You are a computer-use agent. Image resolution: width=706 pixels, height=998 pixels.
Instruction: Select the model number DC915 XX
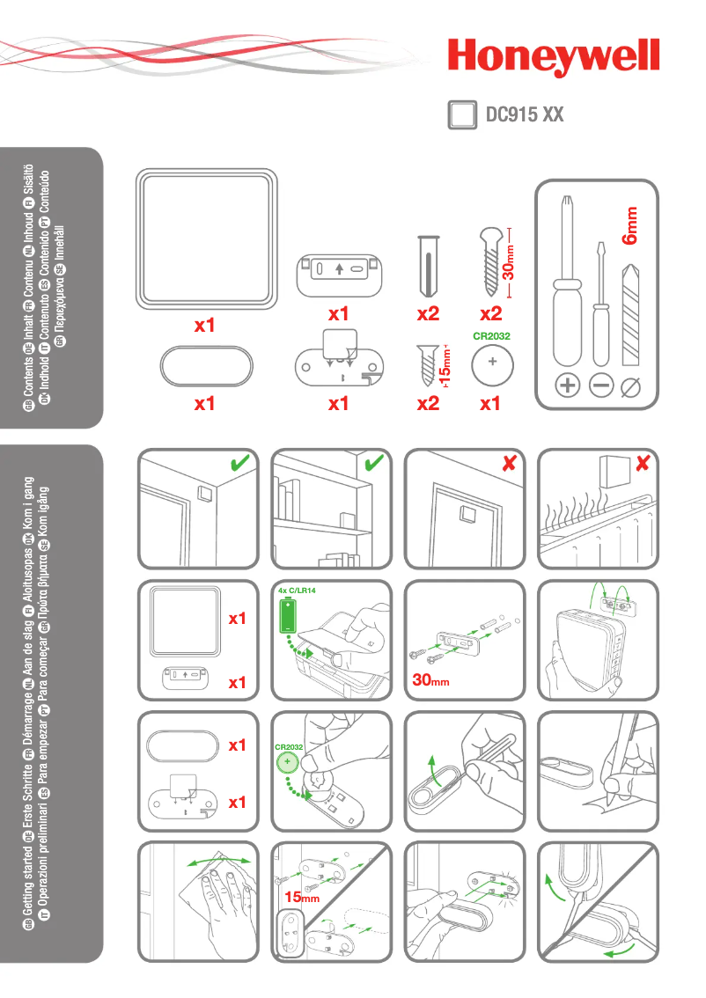pos(525,114)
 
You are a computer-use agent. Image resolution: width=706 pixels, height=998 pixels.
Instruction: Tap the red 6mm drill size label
pos(630,224)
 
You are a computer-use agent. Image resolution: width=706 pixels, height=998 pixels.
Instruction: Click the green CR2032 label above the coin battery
pos(491,335)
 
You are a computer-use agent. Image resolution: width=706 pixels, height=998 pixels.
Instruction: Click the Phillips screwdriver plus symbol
pos(568,385)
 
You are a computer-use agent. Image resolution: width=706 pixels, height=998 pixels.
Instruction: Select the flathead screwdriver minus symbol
pos(602,385)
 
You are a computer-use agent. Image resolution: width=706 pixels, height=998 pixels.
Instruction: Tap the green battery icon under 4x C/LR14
pos(289,619)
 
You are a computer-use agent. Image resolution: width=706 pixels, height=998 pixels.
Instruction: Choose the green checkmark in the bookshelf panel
pos(373,462)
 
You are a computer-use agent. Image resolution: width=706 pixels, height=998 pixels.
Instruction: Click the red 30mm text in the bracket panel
pos(431,680)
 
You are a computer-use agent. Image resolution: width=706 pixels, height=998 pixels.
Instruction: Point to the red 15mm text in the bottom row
pos(301,898)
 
